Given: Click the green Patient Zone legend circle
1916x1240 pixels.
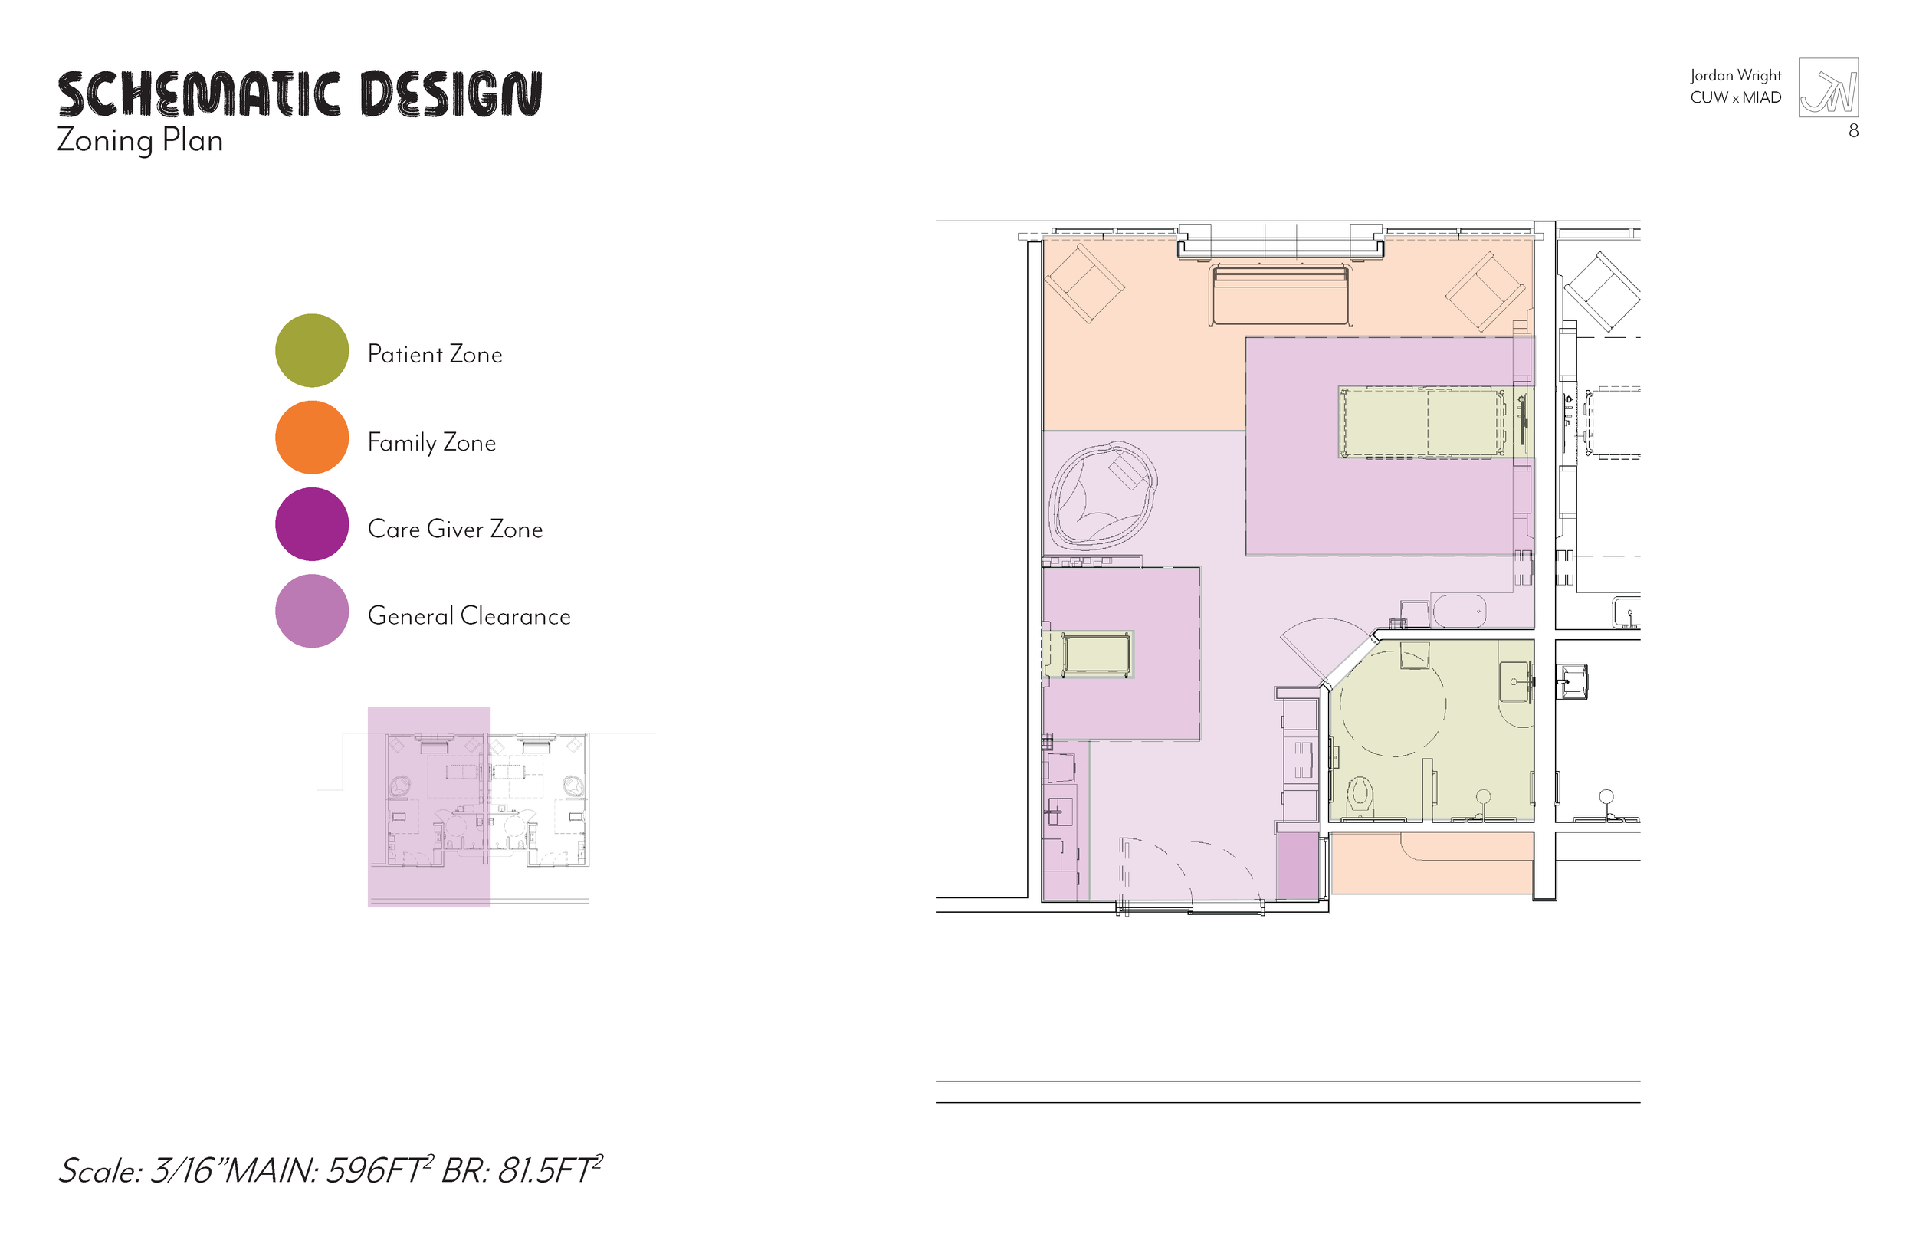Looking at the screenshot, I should (312, 350).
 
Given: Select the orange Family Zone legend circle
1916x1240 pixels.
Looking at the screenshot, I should (312, 438).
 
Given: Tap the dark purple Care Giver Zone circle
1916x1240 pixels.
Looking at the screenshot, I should (312, 524).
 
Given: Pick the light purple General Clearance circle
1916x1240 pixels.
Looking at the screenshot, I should (312, 611).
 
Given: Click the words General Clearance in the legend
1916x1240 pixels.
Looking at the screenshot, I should (468, 616).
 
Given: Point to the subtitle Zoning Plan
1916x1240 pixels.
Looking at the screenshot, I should (139, 141).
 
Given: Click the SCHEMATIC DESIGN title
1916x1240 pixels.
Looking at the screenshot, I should (300, 93).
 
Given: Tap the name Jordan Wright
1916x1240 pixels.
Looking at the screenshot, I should (1735, 75).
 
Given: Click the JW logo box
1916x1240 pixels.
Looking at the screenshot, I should (1829, 88).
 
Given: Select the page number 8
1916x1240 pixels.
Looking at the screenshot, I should (1853, 131).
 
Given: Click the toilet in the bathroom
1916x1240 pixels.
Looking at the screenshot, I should (1360, 793).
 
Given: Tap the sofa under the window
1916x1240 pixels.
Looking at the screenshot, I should (1279, 294).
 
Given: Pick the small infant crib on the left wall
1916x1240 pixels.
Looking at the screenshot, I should (1096, 653).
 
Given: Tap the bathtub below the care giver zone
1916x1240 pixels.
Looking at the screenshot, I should (1458, 611).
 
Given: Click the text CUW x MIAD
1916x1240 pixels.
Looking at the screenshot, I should (1735, 97).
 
